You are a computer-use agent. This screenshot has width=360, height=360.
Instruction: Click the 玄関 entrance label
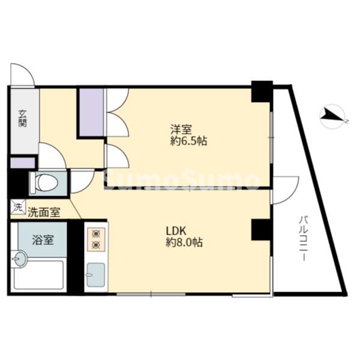click(22, 118)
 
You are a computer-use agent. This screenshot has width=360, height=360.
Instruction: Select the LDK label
click(178, 230)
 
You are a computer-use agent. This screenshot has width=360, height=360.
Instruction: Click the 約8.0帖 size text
click(184, 243)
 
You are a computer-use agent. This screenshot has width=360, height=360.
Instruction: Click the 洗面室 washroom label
click(44, 211)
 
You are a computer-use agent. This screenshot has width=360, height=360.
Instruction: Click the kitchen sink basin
click(95, 275)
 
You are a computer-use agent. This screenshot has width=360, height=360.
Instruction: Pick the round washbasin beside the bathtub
click(20, 260)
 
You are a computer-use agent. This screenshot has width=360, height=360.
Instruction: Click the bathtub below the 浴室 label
click(38, 275)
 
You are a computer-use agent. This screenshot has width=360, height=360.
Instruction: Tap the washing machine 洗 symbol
click(16, 209)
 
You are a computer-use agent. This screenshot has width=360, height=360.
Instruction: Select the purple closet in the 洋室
click(91, 112)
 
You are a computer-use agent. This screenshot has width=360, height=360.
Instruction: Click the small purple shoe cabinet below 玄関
click(23, 163)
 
